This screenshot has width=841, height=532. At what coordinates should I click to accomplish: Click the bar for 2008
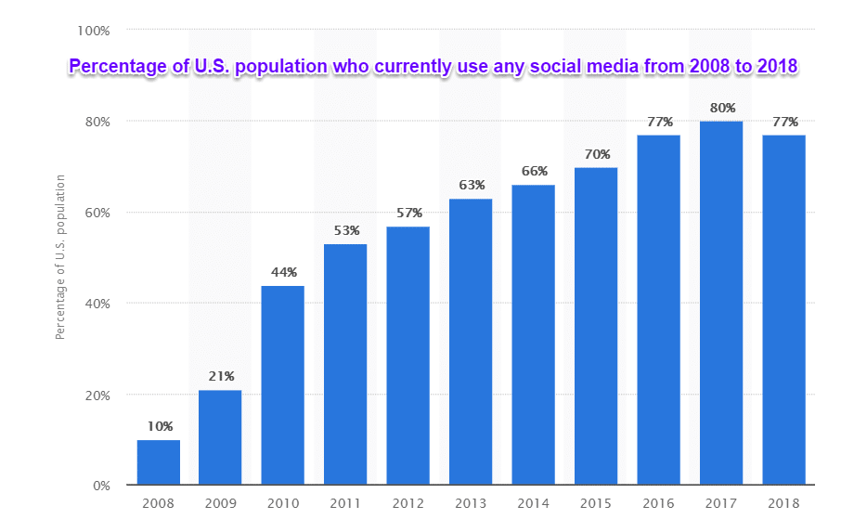(158, 462)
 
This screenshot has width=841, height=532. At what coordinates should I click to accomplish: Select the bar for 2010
(283, 385)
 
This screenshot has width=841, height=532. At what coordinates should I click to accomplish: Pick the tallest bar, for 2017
(721, 303)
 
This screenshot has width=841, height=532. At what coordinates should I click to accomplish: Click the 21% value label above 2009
(221, 376)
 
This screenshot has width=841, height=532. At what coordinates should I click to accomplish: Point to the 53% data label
(346, 230)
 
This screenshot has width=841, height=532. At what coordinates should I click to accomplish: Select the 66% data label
(534, 171)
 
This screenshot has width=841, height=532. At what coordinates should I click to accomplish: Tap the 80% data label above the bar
(722, 107)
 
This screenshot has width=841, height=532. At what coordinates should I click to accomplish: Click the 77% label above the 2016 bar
(659, 121)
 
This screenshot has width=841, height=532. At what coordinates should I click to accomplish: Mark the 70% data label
(596, 153)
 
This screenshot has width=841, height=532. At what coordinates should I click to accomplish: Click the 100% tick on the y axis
(93, 31)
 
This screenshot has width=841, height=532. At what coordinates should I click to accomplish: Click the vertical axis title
(60, 255)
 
